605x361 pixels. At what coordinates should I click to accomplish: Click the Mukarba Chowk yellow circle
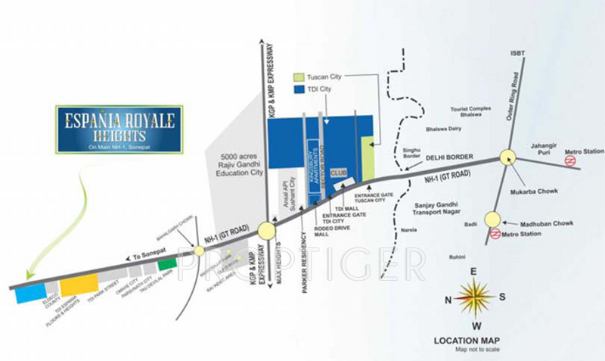507,157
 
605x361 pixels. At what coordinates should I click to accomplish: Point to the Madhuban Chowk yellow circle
493,219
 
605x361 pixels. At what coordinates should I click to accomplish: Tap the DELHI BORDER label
449,157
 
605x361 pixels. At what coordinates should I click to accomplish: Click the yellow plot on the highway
79,285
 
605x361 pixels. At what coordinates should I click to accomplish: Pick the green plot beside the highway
167,265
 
